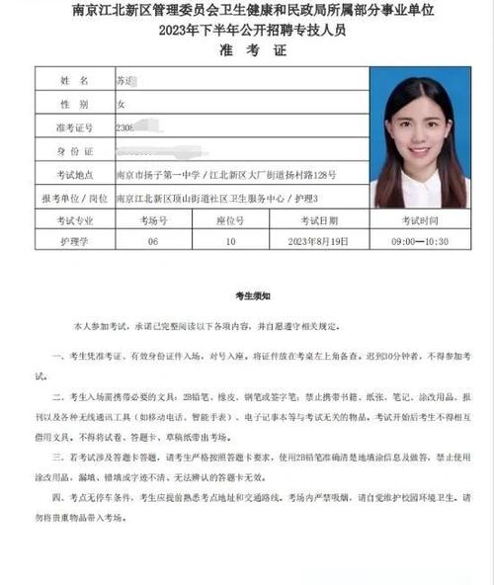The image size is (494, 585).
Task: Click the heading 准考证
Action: coord(246,49)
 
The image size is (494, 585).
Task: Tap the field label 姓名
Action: coord(74,79)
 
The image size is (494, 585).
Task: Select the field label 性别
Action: coord(74,103)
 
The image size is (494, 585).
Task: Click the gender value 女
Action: coord(123,103)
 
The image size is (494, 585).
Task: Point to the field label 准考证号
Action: coord(74,126)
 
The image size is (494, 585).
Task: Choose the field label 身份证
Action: coord(74,150)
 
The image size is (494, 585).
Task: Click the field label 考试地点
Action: coord(74,174)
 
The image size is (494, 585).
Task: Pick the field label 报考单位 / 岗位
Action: coord(74,198)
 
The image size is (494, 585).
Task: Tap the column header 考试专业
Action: coord(74,220)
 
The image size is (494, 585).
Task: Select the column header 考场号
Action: coord(152,220)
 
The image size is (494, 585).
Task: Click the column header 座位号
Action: coord(230,220)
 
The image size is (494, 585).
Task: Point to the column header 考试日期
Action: coord(318,220)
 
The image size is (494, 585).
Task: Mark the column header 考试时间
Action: coord(420,220)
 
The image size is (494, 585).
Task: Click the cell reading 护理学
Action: coord(74,240)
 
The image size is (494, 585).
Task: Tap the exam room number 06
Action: coord(152,240)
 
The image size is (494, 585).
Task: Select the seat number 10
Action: coord(230,240)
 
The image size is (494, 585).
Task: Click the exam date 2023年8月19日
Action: coord(318,240)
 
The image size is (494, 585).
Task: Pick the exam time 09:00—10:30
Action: coord(420,240)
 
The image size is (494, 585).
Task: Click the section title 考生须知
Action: coord(246,295)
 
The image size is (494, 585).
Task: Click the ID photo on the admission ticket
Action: coord(420,137)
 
